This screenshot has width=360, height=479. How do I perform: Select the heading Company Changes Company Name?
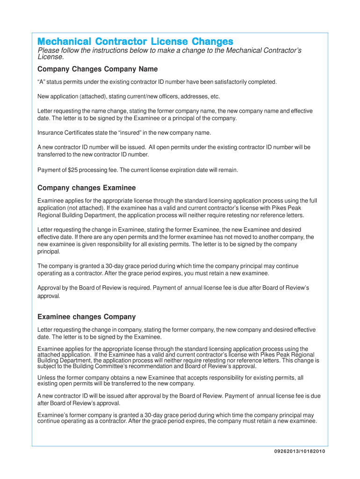(x=97, y=69)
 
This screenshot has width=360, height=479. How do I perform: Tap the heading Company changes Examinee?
(x=86, y=188)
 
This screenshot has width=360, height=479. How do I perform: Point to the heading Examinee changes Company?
(x=86, y=317)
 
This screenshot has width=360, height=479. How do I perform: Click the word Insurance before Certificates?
(x=50, y=132)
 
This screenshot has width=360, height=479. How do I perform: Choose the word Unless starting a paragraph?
(x=45, y=377)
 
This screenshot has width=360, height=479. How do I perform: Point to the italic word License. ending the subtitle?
(x=50, y=57)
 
